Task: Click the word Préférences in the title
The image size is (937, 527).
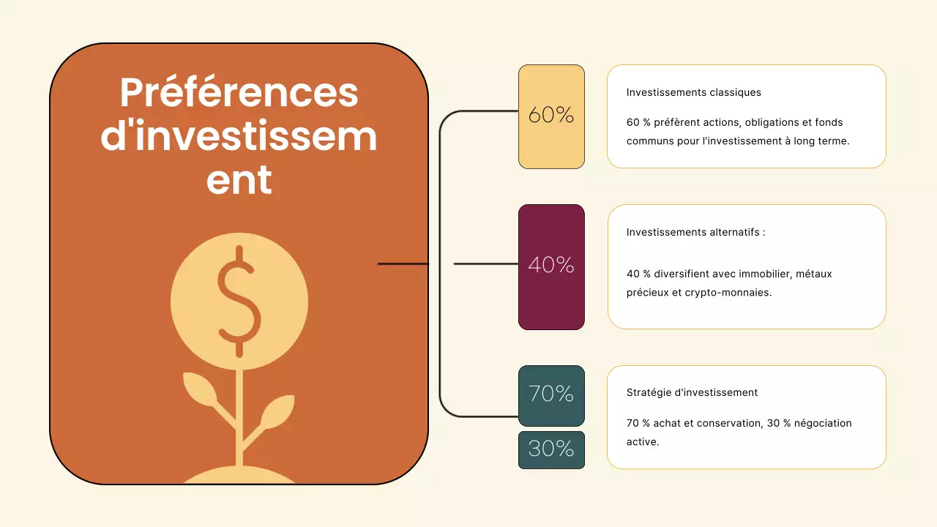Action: point(239,94)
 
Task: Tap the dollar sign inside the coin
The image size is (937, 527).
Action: point(239,301)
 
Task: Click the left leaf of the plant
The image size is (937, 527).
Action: point(199,389)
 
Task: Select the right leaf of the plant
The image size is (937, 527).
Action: point(277,411)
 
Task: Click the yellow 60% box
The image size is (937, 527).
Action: point(551,116)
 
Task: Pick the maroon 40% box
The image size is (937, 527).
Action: point(551,266)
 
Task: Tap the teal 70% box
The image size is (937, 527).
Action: point(551,395)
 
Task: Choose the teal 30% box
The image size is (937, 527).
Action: point(551,449)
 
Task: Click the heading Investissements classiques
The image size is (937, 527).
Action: point(693,93)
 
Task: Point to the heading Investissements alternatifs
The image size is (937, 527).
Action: point(695,232)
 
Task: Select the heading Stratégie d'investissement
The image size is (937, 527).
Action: point(692,392)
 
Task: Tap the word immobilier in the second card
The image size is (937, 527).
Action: point(762,274)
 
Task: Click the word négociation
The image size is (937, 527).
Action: point(823,423)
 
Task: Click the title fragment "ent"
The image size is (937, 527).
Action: point(239,180)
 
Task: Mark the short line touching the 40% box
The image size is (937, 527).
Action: point(485,263)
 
